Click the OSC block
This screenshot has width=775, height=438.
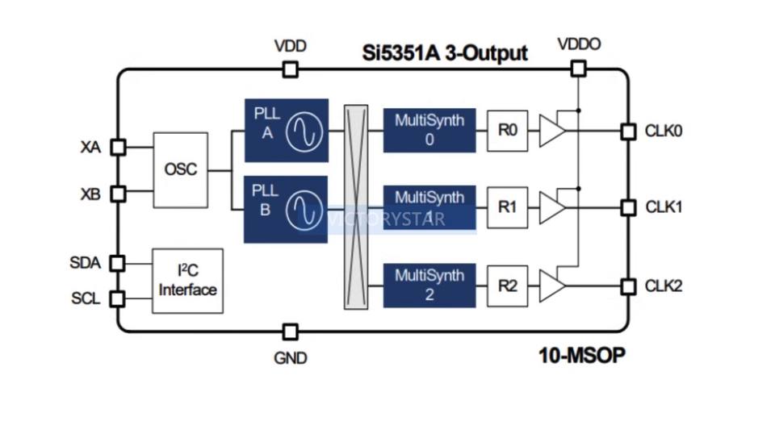coord(180,170)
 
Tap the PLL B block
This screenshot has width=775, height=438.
coord(286,208)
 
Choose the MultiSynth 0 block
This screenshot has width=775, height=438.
coord(429,129)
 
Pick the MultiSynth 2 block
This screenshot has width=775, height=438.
coord(429,285)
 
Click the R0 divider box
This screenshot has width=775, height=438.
coord(507,130)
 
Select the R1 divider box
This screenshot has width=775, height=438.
coord(507,207)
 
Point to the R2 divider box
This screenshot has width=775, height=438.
coord(507,286)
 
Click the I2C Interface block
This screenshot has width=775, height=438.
coord(187,281)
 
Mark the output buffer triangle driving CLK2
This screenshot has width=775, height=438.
coord(551,286)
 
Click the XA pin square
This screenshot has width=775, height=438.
coord(118,147)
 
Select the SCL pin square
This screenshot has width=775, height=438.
coord(118,298)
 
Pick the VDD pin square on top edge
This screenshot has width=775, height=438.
coord(290,70)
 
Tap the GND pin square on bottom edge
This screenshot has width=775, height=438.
coord(290,332)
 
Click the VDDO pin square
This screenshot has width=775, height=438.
coord(578,69)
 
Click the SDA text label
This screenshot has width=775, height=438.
coord(85,263)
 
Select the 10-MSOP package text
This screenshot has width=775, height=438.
coord(581,355)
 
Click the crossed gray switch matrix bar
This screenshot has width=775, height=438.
coord(355,207)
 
